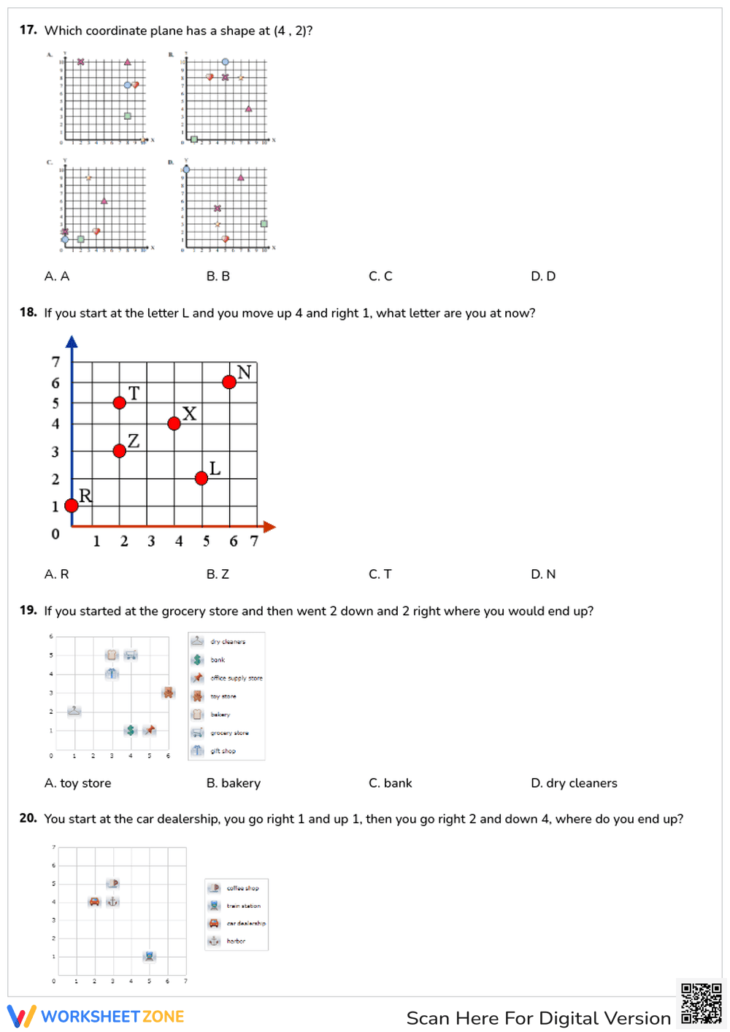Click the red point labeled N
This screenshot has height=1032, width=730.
point(229,382)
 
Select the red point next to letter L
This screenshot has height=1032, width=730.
point(201,478)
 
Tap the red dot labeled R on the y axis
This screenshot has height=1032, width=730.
point(72,505)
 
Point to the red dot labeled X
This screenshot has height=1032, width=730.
point(174,423)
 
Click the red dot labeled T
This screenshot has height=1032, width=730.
point(120,402)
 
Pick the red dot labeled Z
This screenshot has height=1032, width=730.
point(120,451)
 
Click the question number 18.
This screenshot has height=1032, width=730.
point(28,312)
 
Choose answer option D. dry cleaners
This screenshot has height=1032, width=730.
point(574,783)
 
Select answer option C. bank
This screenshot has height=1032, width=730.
point(390,783)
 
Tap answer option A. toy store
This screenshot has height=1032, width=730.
point(77,783)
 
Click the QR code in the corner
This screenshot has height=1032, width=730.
point(701,1004)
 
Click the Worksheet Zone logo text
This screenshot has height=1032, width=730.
point(112,1017)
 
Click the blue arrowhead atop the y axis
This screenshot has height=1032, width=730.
point(72,342)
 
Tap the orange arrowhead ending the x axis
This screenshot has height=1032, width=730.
point(269,526)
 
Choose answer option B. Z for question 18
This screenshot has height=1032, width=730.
point(218,574)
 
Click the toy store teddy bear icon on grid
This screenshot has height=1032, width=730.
point(169,693)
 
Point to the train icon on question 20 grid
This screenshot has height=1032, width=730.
point(150,956)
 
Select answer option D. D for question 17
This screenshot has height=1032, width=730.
point(543,276)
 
